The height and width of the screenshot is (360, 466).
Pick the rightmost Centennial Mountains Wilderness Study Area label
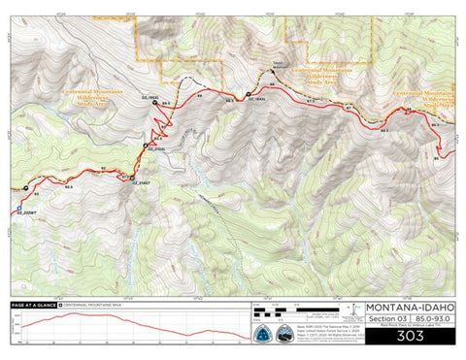point(429,96)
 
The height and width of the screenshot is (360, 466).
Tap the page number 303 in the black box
point(408,335)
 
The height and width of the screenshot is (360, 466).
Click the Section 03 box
point(383,319)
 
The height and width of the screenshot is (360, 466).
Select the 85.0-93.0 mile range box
point(430,319)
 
